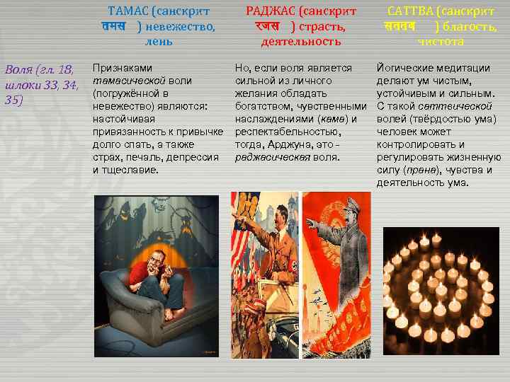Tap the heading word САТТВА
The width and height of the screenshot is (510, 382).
coord(411,12)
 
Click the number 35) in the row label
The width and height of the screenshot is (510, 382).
coord(13,100)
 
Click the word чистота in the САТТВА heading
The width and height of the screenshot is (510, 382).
coord(441,42)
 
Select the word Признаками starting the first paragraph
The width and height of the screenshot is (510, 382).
coord(123,69)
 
